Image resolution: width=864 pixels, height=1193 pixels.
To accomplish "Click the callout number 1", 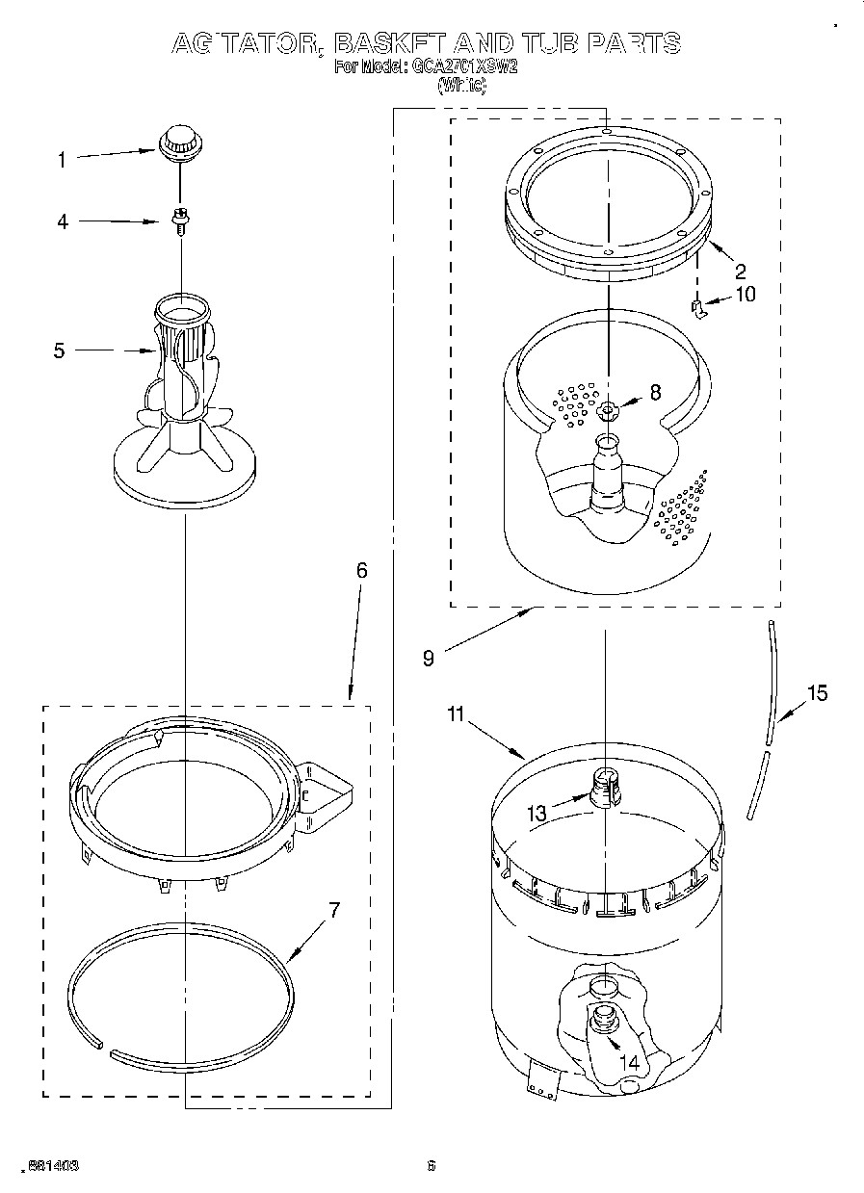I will (62, 160).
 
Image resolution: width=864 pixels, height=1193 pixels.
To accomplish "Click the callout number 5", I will (60, 351).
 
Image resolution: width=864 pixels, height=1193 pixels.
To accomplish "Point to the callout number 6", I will (361, 570).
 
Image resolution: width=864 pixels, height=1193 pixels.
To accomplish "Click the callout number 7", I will (334, 910).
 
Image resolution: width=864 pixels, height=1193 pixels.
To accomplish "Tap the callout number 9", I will (428, 659).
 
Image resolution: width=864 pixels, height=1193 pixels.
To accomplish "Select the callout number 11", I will (456, 713).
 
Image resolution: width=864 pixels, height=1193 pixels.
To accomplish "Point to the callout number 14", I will (629, 1063).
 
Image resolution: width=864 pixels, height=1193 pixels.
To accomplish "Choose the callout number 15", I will (816, 692).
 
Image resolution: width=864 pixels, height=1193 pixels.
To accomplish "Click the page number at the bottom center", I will (432, 1165).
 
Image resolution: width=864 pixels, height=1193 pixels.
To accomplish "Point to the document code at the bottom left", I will (54, 1165).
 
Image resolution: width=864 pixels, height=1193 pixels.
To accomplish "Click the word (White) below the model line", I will (461, 86).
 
